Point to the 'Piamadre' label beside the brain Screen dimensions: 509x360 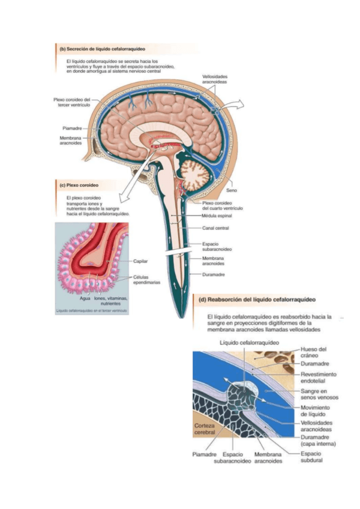click(x=73, y=128)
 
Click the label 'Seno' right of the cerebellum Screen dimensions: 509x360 click(x=232, y=190)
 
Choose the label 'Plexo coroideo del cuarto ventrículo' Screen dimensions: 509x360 click(x=222, y=205)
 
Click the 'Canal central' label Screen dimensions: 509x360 click(x=215, y=228)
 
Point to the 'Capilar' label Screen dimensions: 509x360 click(x=140, y=261)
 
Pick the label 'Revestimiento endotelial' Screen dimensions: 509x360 click(x=318, y=377)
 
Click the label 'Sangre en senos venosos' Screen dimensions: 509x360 click(x=319, y=394)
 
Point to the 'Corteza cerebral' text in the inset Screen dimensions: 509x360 click(x=204, y=430)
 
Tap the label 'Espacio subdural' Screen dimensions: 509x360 click(x=311, y=457)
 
